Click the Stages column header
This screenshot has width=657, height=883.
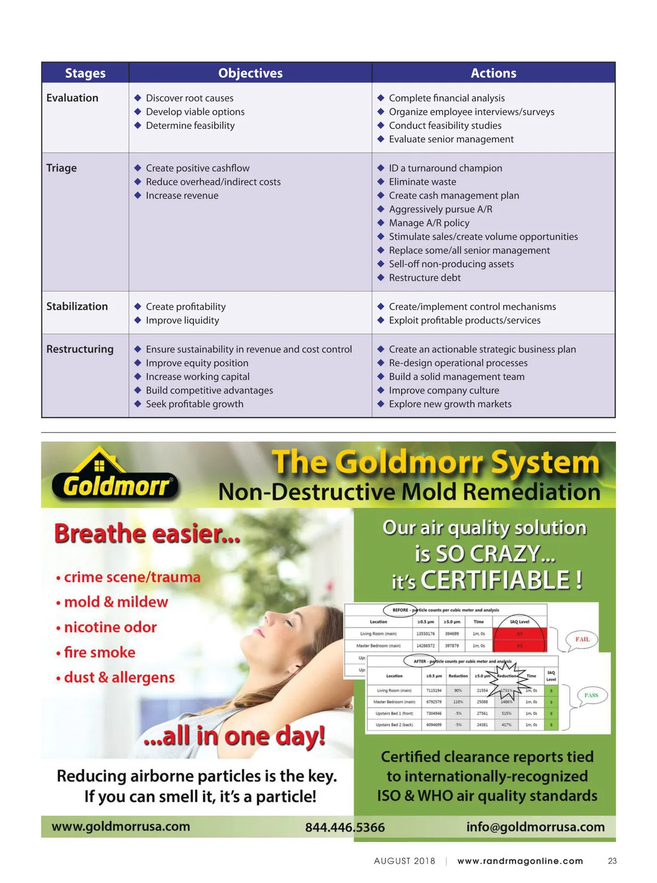tap(85, 73)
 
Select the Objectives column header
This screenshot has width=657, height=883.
tap(250, 73)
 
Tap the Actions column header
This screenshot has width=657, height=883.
tap(493, 73)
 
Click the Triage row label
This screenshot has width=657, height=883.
tap(61, 168)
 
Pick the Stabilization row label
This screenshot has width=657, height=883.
tap(77, 307)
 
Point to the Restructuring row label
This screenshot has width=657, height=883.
tap(80, 349)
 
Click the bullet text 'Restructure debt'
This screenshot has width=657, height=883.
tap(424, 278)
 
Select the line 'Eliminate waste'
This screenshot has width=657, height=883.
tap(422, 182)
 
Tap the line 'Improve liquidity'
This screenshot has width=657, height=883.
tap(182, 320)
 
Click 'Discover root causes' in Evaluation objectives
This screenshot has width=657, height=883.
tap(189, 98)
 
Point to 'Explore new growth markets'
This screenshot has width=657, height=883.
tap(450, 404)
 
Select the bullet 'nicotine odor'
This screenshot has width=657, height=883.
tap(110, 627)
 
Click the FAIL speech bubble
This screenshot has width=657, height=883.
tap(582, 639)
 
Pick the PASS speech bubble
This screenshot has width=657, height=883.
tap(591, 695)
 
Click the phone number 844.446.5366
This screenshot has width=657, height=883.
tap(345, 827)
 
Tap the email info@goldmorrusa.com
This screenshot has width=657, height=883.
tap(535, 827)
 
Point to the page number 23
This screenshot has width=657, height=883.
tap(612, 861)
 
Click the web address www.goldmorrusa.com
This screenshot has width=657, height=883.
tap(121, 827)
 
